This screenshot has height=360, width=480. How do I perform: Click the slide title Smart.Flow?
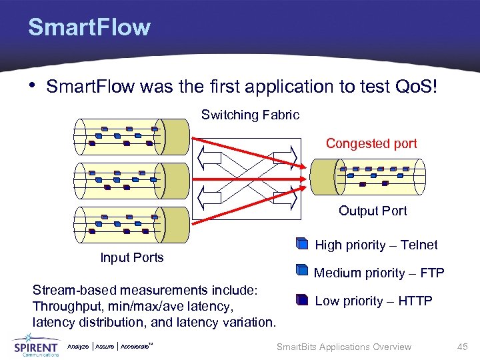[x=89, y=27]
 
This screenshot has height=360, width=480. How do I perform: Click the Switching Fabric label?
[x=250, y=115]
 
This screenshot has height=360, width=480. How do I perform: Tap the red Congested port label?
[x=371, y=143]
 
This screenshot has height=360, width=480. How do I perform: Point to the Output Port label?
[x=372, y=211]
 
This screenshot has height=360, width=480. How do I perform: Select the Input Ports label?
[x=131, y=257]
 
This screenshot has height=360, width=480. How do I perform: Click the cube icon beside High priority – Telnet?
[x=301, y=245]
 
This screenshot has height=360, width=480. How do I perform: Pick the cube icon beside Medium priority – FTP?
[x=301, y=272]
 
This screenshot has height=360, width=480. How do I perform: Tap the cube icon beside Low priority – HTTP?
[x=301, y=300]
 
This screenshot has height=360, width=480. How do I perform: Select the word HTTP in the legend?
[x=415, y=301]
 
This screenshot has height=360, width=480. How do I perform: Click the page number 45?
[x=463, y=347]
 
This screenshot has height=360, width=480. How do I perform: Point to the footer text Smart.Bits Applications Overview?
[x=343, y=347]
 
